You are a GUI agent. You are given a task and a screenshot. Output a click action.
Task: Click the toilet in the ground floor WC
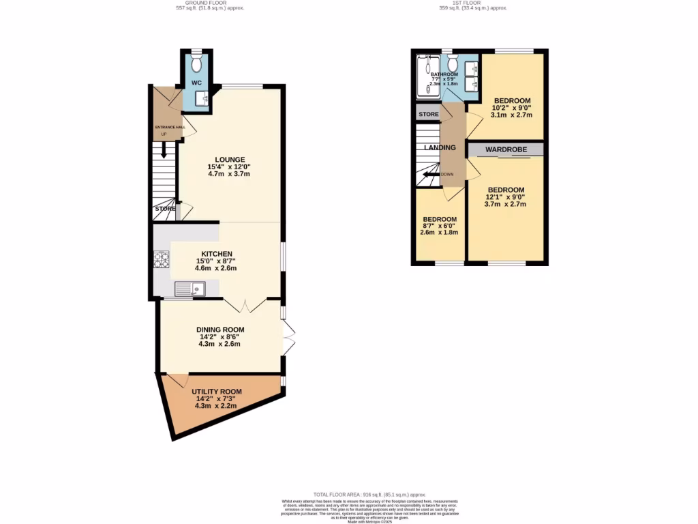point(196,63)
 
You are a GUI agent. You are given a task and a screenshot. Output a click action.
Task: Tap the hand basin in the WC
point(202,100)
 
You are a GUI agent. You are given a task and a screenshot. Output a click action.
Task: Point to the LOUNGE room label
point(229,160)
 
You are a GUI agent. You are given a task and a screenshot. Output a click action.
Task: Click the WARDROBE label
point(504,149)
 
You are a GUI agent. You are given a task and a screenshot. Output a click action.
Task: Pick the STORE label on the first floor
point(428,114)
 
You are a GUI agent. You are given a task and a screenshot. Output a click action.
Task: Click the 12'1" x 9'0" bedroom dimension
point(504,198)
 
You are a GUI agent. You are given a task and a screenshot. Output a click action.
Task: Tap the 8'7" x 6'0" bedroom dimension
point(438,227)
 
